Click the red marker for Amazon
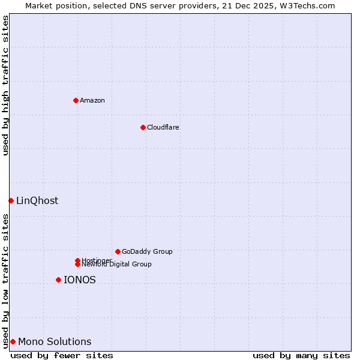76,100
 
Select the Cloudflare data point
143,127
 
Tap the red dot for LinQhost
11,200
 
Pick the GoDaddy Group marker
118,251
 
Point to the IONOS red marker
58,280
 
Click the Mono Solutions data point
13,341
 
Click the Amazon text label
92,100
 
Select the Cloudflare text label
163,127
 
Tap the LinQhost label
37,201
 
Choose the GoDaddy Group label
147,251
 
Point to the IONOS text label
80,280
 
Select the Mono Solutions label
55,342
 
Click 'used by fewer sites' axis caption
62,355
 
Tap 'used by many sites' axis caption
301,355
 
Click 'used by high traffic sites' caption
5,85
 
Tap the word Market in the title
39,5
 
